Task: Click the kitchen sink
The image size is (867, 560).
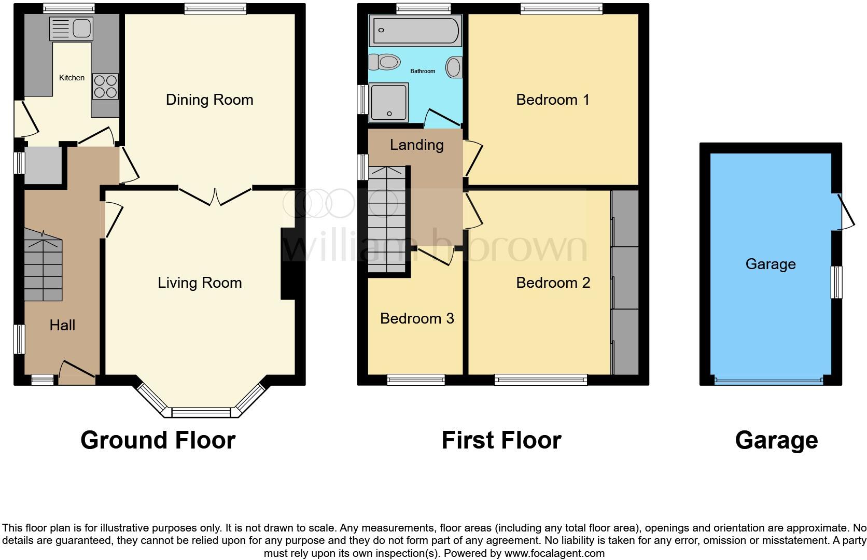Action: click(71, 29)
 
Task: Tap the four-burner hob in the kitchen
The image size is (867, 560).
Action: click(105, 87)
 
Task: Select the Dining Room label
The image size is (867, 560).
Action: click(209, 100)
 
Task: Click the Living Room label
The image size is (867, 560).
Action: click(200, 283)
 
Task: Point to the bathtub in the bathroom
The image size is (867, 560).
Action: click(414, 30)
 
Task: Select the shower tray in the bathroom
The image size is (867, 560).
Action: click(388, 103)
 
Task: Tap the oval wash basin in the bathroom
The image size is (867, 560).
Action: click(454, 67)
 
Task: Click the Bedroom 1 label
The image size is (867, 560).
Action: click(553, 100)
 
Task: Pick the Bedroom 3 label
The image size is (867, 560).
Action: click(417, 318)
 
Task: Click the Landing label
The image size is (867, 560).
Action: click(416, 145)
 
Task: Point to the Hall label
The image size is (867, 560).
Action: click(62, 325)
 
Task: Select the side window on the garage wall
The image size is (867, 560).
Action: click(836, 282)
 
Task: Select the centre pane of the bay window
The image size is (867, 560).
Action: click(201, 413)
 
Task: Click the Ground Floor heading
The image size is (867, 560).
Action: click(158, 440)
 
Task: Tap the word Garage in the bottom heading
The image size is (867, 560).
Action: click(776, 440)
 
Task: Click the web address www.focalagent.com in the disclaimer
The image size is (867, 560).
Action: click(554, 553)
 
